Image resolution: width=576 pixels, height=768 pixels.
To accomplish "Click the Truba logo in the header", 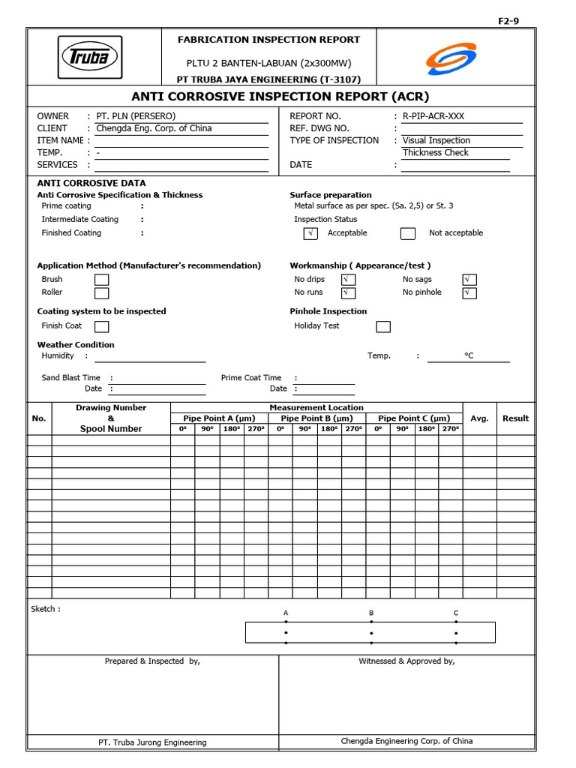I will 90,58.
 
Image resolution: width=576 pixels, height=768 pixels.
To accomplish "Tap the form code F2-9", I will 508,21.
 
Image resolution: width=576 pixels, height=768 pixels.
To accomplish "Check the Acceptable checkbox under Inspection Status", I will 310,233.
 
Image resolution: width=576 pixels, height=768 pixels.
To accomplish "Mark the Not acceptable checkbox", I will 407,233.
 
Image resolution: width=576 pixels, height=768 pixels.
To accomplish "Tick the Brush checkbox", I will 101,280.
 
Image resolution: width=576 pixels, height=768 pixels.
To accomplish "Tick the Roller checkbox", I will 101,292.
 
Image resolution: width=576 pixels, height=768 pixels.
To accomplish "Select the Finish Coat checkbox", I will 101,326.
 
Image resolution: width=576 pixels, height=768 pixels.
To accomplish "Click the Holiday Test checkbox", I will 382,326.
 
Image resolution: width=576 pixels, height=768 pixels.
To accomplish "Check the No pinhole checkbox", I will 469,292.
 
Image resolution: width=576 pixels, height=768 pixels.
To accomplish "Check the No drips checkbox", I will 348,280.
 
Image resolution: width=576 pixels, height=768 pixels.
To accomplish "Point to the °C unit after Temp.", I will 469,355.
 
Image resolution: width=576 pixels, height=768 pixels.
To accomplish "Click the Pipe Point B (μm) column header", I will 316,418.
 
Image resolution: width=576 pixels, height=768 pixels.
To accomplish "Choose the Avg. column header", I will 479,418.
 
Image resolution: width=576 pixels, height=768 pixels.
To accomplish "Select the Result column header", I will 515,418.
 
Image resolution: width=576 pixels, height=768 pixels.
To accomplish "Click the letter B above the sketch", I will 370,613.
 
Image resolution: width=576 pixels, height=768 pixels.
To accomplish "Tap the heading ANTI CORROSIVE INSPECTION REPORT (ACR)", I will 280,97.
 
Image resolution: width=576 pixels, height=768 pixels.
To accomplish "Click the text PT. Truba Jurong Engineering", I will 152,742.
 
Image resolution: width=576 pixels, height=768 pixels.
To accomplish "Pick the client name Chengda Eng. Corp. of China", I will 154,128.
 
